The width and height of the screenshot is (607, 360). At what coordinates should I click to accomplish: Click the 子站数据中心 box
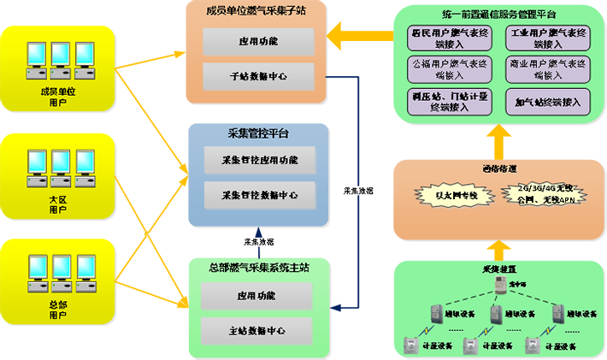(x=258, y=76)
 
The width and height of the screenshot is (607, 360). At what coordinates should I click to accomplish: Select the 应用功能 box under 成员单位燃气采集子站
(x=258, y=41)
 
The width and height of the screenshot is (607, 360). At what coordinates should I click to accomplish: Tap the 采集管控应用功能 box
(x=259, y=160)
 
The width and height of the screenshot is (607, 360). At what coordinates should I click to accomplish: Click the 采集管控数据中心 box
(x=259, y=194)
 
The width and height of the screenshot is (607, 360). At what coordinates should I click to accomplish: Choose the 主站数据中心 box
(x=258, y=330)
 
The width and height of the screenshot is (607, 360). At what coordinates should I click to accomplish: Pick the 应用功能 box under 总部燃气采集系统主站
(x=258, y=296)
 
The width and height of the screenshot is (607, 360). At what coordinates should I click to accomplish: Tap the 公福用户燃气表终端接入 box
(x=449, y=69)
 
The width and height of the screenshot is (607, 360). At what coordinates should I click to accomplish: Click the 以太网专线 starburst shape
(x=451, y=194)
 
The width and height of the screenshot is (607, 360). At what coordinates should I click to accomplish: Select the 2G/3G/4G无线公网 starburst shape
(x=539, y=194)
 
